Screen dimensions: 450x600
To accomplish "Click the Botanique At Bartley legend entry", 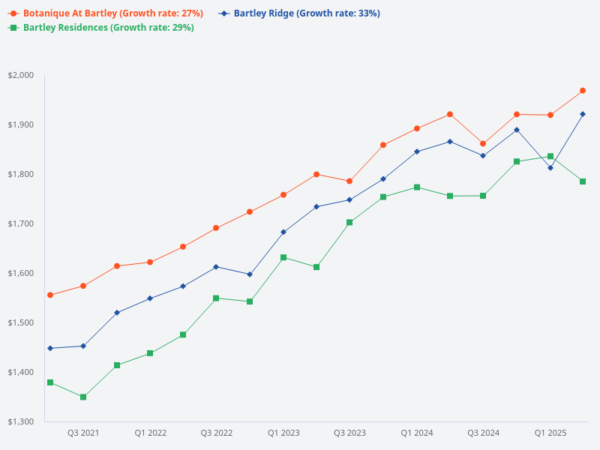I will tap(105, 13).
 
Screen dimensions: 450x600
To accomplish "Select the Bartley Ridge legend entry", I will tap(300, 13).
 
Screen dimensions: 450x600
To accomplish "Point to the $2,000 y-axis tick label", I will tap(21, 75).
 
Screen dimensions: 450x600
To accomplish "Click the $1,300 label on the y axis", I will tap(21, 421).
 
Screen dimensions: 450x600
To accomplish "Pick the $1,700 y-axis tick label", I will tap(21, 223).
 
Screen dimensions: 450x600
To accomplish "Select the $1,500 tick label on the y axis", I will tap(21, 322).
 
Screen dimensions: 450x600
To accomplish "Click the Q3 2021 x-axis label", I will tap(83, 433).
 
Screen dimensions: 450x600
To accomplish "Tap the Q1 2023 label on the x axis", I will tap(283, 433).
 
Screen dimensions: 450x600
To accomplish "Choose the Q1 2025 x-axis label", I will tap(550, 433).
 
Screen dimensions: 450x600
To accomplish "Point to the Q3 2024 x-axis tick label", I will tap(483, 433).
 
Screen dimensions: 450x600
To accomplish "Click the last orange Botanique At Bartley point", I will tap(583, 91).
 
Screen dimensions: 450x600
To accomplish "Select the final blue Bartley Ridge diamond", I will tap(583, 114).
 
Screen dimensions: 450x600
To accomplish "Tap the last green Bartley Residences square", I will tap(583, 181).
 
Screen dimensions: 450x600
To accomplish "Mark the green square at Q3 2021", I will tap(83, 397).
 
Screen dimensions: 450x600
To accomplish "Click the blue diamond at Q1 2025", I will tap(550, 168).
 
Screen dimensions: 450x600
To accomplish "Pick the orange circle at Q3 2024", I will tap(483, 143).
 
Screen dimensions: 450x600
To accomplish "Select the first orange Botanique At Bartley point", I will tap(50, 295).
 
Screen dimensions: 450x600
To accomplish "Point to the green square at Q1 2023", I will tap(283, 257).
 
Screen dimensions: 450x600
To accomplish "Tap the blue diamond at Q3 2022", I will tap(216, 267).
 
